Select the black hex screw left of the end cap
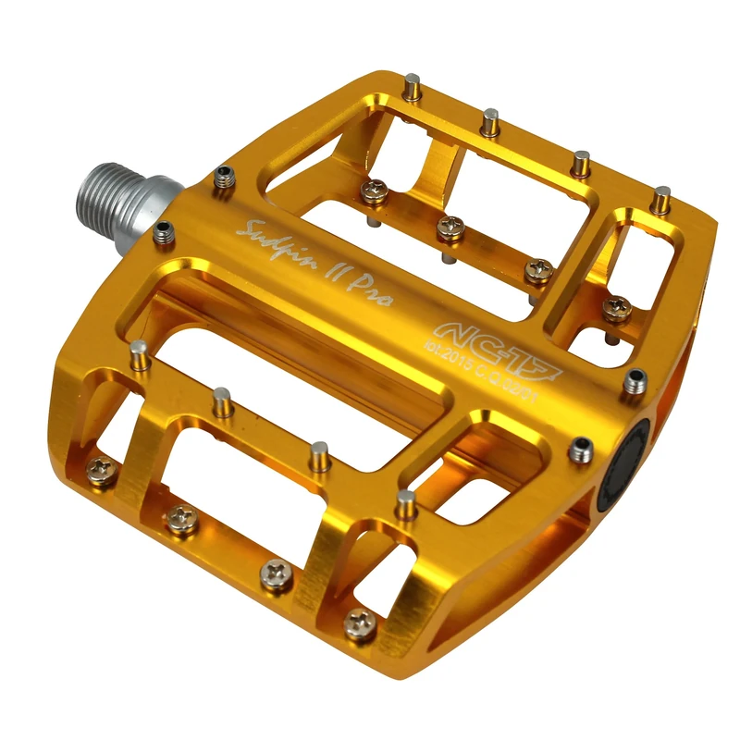(x=582, y=450)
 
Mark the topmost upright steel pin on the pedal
(x=410, y=90)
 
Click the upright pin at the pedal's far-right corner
(x=660, y=198)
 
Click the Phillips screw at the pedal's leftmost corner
(x=101, y=468)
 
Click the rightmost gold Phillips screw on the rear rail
(x=615, y=309)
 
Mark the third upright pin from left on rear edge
(x=580, y=164)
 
